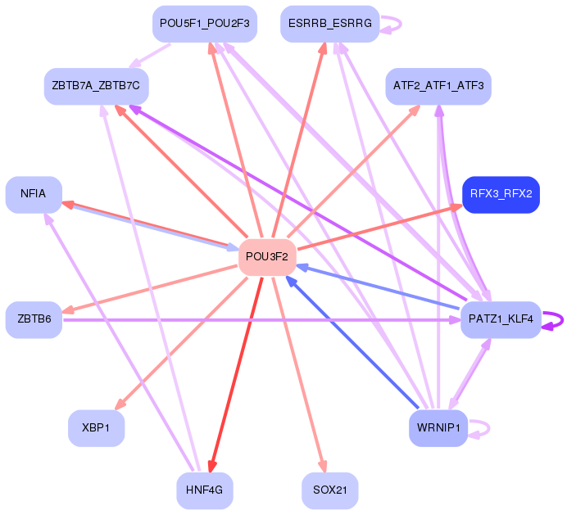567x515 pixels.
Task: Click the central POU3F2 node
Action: [267, 257]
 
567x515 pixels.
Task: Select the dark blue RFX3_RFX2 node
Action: [501, 194]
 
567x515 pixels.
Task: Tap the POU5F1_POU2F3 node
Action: [204, 24]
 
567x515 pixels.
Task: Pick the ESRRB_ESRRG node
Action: [329, 24]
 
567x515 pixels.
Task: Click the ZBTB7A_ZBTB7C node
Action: [96, 86]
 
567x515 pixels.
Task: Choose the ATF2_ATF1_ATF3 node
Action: [438, 86]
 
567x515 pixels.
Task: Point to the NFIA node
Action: [34, 194]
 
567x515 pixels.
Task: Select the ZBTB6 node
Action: [34, 319]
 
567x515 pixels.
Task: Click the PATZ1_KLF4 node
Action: [501, 319]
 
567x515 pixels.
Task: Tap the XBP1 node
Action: [96, 428]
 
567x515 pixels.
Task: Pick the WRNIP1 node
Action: [438, 428]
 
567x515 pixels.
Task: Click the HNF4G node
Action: [204, 490]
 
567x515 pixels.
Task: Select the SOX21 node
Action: [329, 490]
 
